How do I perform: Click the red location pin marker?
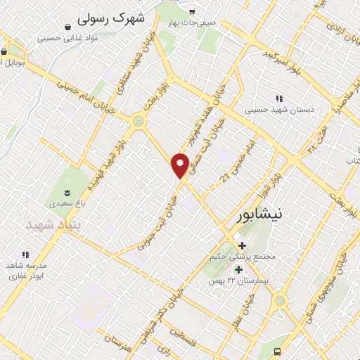181,165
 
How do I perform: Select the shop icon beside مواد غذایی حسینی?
67,27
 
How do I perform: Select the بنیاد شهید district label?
54,224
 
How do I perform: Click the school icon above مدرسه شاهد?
26,255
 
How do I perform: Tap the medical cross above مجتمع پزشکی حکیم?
243,245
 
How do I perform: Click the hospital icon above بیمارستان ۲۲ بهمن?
238,269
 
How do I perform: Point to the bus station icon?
277,351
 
